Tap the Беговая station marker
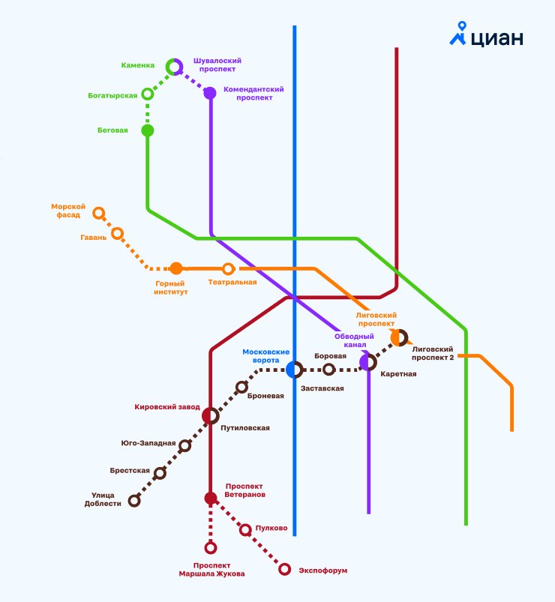coord(148,130)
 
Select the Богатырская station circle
coord(148,94)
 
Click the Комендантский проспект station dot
coord(210,93)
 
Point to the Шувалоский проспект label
coord(217,64)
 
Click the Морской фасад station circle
coord(98,213)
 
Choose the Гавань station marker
coord(117,233)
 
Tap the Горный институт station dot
coord(176,268)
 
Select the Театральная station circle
coord(228,268)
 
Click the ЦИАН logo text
coord(497,37)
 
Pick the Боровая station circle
coord(328,369)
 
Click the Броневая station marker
coord(241,387)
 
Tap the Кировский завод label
coord(167,407)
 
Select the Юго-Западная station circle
coord(184,445)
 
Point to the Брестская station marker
coord(160,472)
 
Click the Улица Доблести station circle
coord(134,500)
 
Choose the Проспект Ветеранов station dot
coord(211,498)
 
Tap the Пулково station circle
coord(245,530)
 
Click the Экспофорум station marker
coord(285,569)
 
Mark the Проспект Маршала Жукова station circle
coord(211,547)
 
